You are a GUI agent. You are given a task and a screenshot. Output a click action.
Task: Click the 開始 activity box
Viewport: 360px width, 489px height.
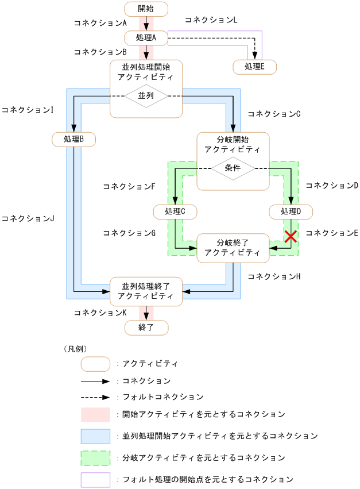coord(146,9)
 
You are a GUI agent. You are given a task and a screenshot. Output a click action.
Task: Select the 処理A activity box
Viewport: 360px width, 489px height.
coord(146,37)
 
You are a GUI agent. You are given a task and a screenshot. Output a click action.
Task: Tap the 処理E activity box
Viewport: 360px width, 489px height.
coord(254,67)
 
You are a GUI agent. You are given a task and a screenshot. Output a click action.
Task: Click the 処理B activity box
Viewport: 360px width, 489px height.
coord(73,139)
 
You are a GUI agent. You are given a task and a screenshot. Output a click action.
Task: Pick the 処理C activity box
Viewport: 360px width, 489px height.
coord(175,211)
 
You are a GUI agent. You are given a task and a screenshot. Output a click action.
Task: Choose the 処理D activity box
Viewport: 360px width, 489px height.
coord(291,211)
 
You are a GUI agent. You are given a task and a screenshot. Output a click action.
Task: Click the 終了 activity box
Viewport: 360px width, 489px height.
coord(146,328)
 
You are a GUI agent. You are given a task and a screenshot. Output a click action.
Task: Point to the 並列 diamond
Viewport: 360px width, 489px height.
coord(146,95)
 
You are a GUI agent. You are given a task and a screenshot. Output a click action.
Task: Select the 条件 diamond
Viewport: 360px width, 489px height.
coord(233,168)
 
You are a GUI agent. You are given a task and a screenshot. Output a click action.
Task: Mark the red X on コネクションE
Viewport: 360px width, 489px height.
coord(291,236)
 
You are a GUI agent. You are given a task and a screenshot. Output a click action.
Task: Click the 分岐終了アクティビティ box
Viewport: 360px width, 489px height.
coord(233,248)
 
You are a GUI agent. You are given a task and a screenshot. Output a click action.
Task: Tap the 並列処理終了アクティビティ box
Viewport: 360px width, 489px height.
coord(146,291)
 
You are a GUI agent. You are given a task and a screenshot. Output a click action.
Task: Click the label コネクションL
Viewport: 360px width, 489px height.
coord(211,20)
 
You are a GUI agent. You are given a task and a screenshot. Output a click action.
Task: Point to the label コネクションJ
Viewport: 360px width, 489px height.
coord(28,219)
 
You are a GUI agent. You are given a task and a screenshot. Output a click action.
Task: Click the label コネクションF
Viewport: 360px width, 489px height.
coord(129,187)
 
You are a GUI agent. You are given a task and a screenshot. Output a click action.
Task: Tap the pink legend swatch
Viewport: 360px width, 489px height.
coord(95,414)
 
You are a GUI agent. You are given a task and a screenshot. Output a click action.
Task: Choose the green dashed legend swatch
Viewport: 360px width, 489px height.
coord(95,458)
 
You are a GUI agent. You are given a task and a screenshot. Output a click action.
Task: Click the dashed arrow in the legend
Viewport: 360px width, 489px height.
coord(95,397)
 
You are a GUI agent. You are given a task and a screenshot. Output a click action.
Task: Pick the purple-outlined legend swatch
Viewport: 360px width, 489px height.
coord(95,479)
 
